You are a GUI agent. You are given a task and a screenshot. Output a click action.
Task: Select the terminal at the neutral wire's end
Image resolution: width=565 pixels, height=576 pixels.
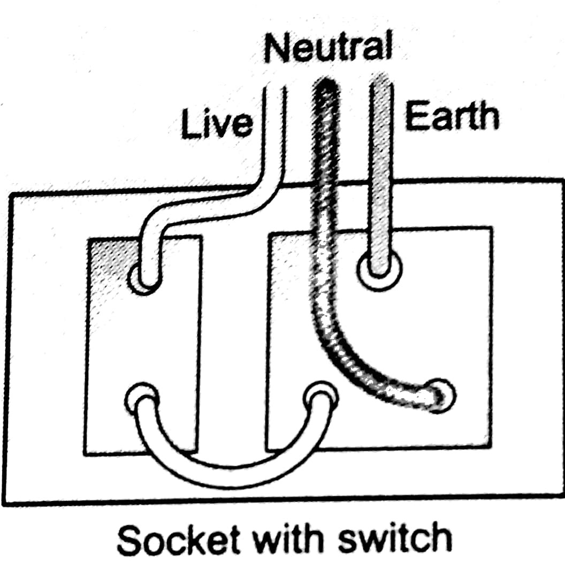(442, 395)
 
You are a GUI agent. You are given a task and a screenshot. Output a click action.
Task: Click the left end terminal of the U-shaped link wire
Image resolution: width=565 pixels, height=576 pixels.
(142, 397)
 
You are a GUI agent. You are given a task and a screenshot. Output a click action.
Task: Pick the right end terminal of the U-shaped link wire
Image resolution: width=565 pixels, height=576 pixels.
(320, 397)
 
